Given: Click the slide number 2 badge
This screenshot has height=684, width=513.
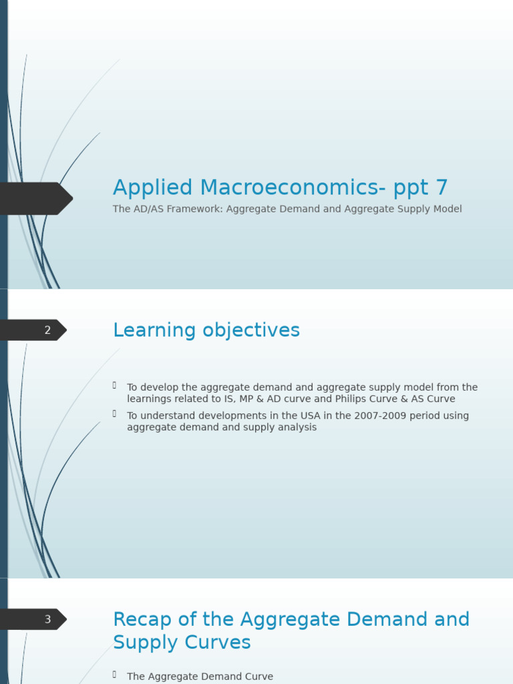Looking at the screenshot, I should click(x=47, y=330).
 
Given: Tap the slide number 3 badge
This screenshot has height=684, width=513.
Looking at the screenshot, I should click(x=47, y=619).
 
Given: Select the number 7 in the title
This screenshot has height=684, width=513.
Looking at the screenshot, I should click(x=441, y=188).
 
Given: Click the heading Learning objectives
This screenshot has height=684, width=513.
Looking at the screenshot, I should click(x=206, y=330).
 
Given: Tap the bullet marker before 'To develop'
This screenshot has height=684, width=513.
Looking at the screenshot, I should click(x=115, y=385).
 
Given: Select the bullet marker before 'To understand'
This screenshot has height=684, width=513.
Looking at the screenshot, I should click(x=115, y=414).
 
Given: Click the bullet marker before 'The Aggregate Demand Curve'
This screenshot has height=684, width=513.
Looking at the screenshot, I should click(x=115, y=675).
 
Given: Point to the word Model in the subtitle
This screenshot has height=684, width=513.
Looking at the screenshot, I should click(x=447, y=209).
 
